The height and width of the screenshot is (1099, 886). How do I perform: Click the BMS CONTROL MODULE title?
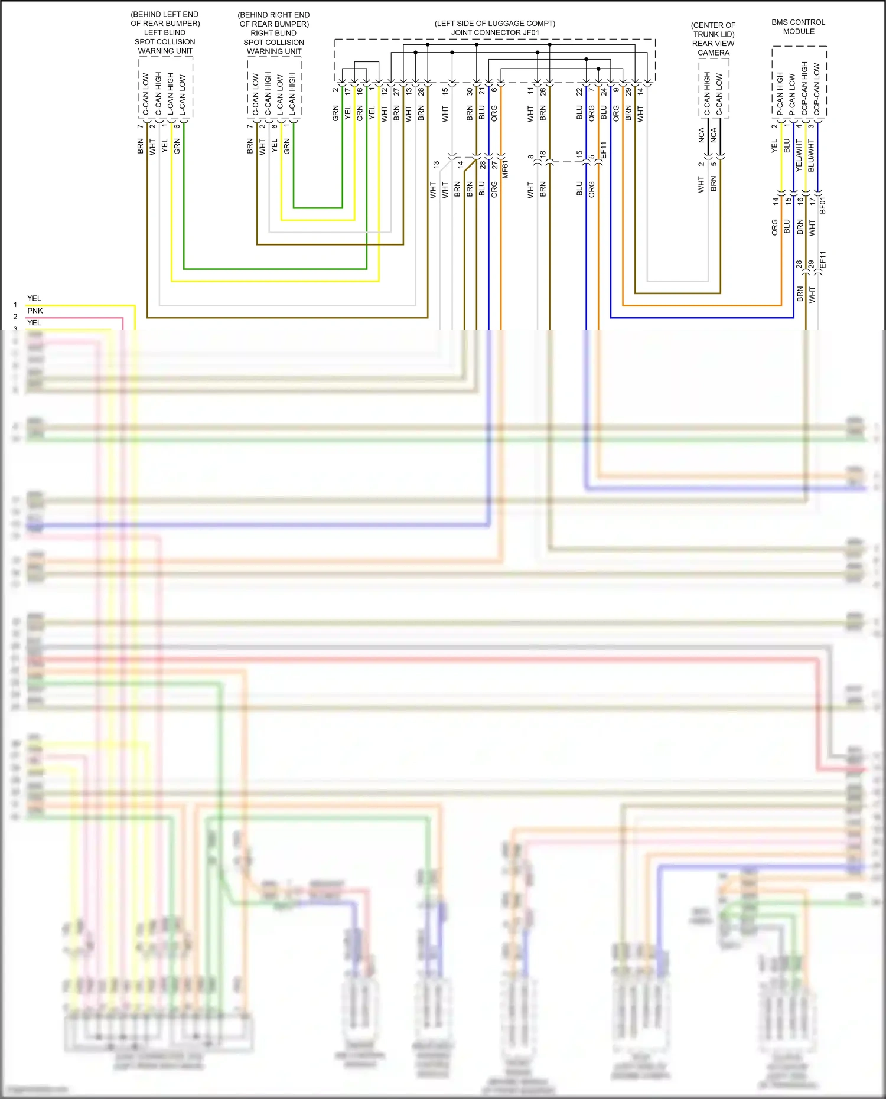tap(798, 27)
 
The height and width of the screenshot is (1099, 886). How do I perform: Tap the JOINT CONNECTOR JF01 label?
tap(495, 32)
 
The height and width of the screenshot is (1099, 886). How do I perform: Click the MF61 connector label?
tap(506, 169)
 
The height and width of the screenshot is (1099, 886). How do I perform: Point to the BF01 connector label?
tap(823, 205)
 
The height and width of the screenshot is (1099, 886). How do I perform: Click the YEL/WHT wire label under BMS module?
tap(799, 155)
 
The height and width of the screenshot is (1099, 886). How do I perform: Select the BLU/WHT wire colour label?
tap(811, 155)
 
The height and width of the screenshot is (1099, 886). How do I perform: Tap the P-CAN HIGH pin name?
tap(780, 93)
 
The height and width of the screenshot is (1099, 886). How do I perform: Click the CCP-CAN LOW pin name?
tap(816, 89)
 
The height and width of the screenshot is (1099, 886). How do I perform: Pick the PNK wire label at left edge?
tap(35, 311)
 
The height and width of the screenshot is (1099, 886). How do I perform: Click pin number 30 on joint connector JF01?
tap(470, 92)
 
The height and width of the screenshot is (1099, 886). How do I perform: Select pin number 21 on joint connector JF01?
tap(482, 91)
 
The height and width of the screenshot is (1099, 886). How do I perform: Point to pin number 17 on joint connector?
tap(347, 92)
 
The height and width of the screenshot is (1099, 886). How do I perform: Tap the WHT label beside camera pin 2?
tap(701, 184)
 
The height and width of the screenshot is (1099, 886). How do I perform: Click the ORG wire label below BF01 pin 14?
tap(774, 227)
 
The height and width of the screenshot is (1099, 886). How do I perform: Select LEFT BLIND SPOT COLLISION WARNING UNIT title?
tap(165, 32)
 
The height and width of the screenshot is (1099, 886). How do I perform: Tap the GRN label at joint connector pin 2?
tap(335, 113)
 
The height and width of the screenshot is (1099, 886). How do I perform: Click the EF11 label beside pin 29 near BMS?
tap(823, 260)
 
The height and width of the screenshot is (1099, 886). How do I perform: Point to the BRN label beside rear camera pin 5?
tap(714, 183)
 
